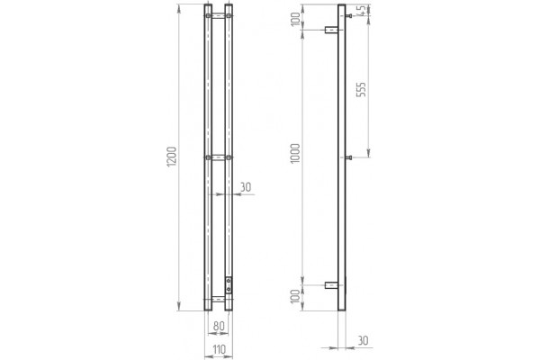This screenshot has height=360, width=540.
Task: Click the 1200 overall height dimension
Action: coord(172,157)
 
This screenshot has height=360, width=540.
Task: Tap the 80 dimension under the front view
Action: coord(219,326)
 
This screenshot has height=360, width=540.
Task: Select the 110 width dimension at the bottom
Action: coord(219,349)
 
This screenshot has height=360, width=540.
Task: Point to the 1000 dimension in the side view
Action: coord(295,154)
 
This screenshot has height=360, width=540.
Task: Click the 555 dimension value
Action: coord(361,89)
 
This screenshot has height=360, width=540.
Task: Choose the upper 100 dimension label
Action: coord(295,19)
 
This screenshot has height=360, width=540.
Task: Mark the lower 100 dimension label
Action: coord(295,296)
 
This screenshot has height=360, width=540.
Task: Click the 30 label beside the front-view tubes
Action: coord(246,187)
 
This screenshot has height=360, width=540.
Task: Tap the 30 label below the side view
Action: coord(363,341)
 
